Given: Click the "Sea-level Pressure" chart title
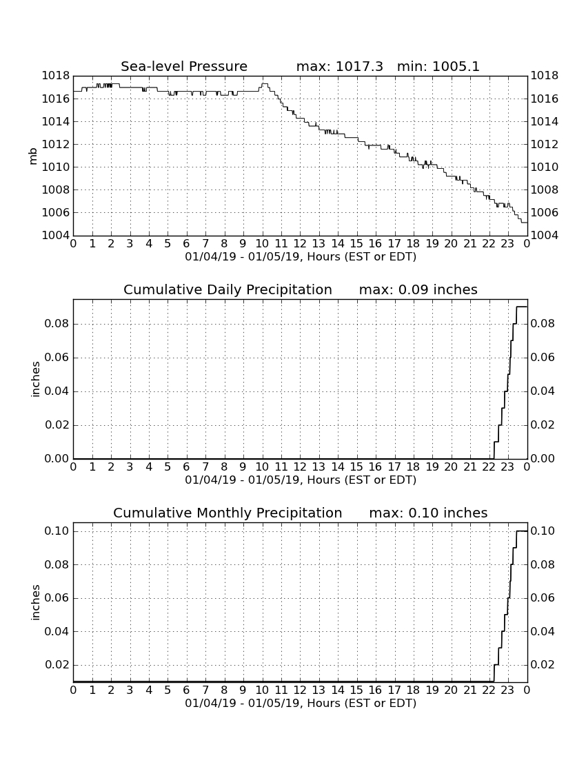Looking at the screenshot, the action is click(x=184, y=66).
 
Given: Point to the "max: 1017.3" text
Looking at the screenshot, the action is click(x=339, y=66).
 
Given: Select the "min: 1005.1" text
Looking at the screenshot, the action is click(x=438, y=66).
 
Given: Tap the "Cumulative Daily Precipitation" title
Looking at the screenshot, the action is click(x=228, y=289).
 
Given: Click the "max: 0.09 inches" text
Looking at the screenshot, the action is click(x=418, y=289).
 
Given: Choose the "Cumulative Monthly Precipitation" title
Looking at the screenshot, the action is click(x=228, y=513).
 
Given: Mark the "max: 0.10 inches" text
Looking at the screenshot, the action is click(x=428, y=513).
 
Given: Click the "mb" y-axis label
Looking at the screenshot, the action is click(x=33, y=156).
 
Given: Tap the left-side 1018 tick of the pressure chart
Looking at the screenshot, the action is click(x=56, y=76).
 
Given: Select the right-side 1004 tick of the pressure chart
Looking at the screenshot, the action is click(x=545, y=236).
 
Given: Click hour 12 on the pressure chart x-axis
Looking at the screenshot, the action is click(x=300, y=244).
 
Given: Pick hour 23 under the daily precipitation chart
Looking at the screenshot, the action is click(x=507, y=467).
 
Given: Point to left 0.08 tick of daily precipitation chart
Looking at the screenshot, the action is click(x=57, y=323).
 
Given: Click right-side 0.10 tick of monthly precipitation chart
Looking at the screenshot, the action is click(x=543, y=531).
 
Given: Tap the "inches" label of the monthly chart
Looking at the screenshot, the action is click(x=34, y=602).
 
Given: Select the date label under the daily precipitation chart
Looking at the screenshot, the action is click(x=301, y=480).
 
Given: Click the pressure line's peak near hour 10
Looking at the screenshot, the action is click(x=265, y=83).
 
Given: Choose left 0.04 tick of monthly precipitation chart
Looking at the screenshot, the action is click(x=57, y=632).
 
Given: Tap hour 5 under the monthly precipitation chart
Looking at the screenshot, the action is click(x=168, y=690).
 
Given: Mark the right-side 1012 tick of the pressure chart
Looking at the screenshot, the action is click(x=545, y=145).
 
